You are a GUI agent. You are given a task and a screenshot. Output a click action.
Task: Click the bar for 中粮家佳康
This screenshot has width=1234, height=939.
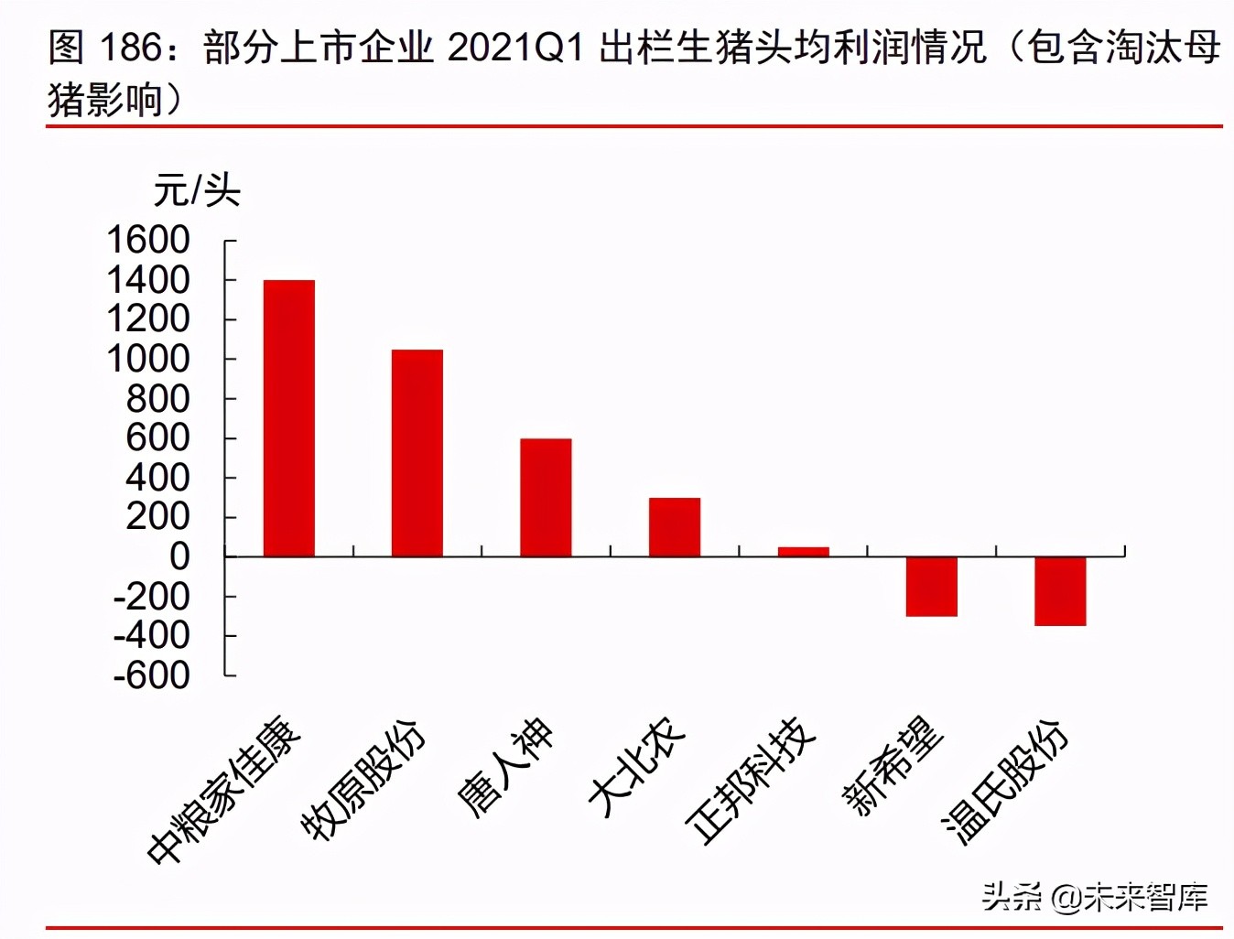point(289,418)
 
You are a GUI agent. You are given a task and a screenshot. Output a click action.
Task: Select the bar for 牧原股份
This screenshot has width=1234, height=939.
point(417,453)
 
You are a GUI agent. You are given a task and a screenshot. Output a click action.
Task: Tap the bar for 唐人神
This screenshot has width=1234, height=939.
point(546,497)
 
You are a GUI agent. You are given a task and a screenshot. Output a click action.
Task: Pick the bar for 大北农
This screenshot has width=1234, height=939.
point(675,527)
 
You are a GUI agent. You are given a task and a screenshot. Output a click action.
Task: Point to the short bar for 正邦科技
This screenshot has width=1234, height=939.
point(803,552)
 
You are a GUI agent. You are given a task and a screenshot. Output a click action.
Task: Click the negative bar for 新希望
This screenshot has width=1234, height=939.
point(931,587)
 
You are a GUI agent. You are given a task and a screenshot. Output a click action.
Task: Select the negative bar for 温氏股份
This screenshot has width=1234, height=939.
point(1060,591)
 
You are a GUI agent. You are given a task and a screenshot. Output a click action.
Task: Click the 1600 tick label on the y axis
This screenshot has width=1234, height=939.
point(148,241)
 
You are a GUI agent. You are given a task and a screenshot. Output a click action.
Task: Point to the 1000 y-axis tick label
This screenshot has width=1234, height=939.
point(148,359)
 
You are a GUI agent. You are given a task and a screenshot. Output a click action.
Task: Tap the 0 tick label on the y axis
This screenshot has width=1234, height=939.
point(179,556)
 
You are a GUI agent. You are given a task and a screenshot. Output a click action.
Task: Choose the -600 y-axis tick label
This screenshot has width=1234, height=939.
point(152,675)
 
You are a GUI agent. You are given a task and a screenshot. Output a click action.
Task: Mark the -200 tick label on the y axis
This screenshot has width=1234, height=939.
point(152,597)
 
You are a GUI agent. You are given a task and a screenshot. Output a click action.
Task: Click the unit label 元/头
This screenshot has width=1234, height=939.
point(196,190)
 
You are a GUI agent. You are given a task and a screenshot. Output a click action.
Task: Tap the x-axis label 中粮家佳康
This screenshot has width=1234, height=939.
point(224,792)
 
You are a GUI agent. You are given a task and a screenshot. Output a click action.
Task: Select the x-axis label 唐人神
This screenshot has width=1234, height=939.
point(505,767)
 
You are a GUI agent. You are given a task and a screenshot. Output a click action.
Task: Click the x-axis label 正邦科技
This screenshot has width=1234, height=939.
point(751,780)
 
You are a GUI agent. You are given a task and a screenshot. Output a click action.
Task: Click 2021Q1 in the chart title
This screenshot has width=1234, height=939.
point(515,48)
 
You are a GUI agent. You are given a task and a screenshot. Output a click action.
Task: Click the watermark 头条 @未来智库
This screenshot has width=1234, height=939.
point(1094,897)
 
